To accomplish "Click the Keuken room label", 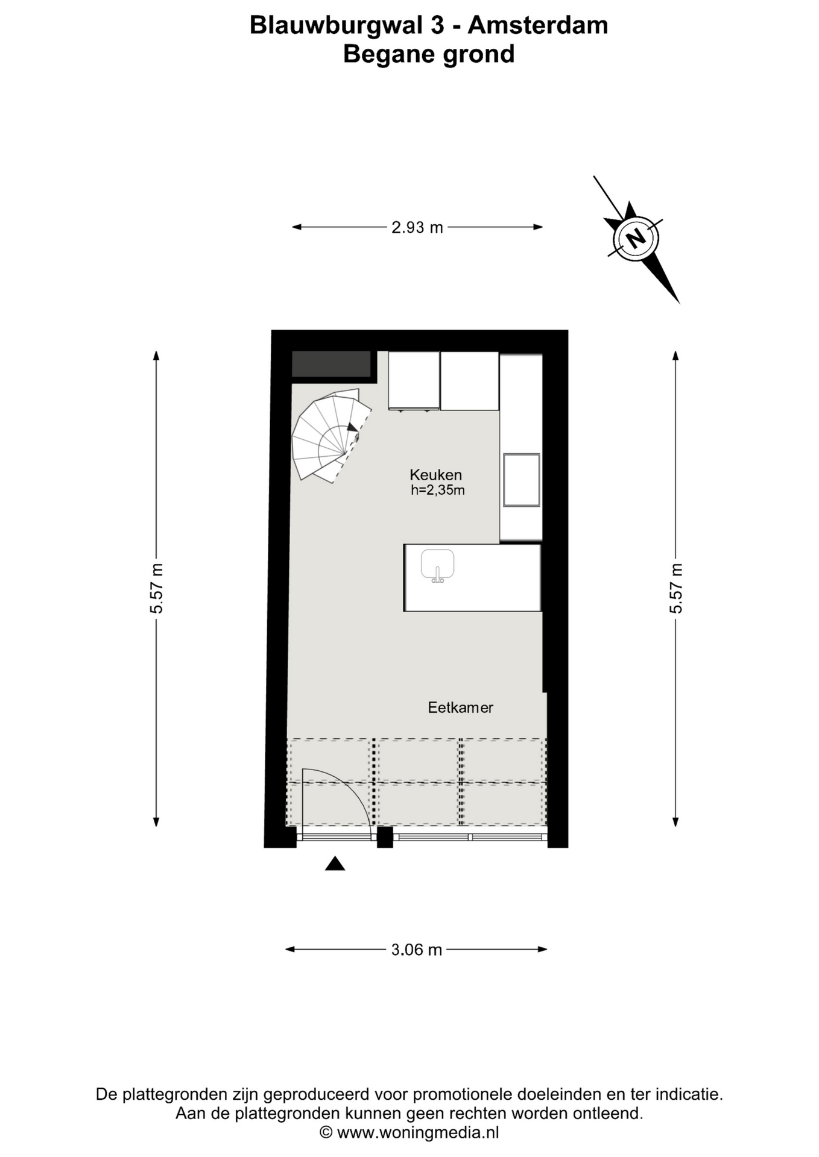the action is [x=435, y=474].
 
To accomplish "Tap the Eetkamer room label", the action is [x=461, y=707].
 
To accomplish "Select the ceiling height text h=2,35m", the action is [x=438, y=490].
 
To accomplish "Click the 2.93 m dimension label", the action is [x=417, y=227].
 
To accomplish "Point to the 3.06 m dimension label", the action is [x=417, y=950].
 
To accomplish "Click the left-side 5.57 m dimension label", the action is [x=156, y=588].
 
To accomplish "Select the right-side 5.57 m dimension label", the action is [x=675, y=588].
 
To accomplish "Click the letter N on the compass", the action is [x=635, y=238].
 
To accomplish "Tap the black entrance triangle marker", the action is [x=335, y=864].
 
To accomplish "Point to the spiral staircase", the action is [x=329, y=435].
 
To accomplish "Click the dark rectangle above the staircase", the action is [x=331, y=364].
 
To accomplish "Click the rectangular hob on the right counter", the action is [x=522, y=480].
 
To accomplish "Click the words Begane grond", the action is [x=429, y=54].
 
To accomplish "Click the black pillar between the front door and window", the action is [x=385, y=837].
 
